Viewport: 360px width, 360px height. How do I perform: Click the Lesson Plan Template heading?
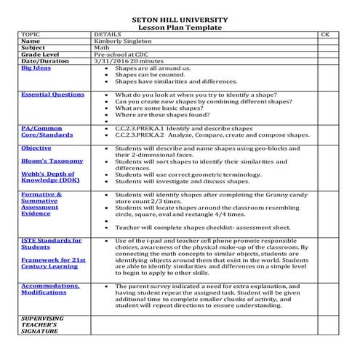click(x=180, y=27)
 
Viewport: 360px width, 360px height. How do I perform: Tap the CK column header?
click(x=324, y=34)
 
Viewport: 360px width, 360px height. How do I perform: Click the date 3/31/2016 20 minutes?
click(x=129, y=61)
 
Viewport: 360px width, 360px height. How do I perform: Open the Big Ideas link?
click(x=36, y=68)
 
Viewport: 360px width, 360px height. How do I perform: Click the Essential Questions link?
click(x=52, y=95)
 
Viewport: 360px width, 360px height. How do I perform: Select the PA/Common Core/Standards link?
click(x=42, y=132)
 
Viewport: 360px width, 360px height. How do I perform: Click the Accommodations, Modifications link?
click(x=52, y=289)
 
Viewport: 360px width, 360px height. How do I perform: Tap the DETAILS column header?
click(x=108, y=34)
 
